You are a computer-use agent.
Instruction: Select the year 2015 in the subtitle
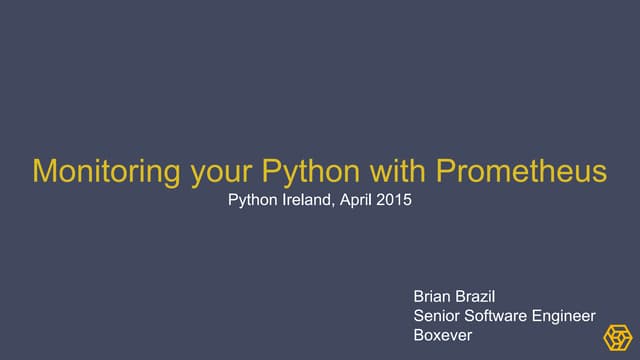point(395,200)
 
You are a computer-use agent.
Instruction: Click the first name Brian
point(433,298)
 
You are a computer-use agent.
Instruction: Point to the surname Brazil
point(480,298)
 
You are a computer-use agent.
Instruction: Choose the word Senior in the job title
point(437,316)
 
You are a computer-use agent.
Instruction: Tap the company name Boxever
point(443,335)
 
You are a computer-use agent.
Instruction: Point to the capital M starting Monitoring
point(45,171)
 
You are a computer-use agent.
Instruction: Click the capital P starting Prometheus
point(447,171)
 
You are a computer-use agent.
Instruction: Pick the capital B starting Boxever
point(419,335)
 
